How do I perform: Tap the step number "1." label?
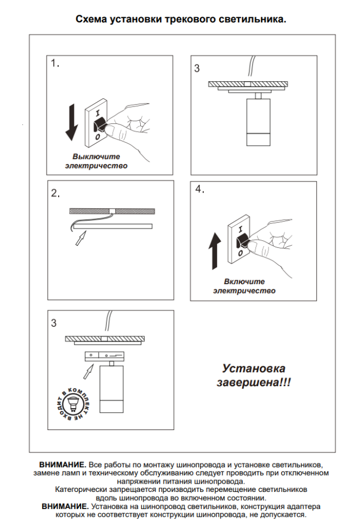click(x=55, y=64)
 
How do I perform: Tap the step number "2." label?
click(x=55, y=193)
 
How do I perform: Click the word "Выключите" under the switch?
click(x=96, y=156)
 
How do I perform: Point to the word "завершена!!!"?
click(x=253, y=382)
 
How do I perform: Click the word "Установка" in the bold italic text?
click(x=253, y=369)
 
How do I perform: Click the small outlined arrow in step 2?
click(x=80, y=237)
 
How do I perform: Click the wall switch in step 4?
click(x=241, y=239)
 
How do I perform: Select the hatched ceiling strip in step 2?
click(x=112, y=211)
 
